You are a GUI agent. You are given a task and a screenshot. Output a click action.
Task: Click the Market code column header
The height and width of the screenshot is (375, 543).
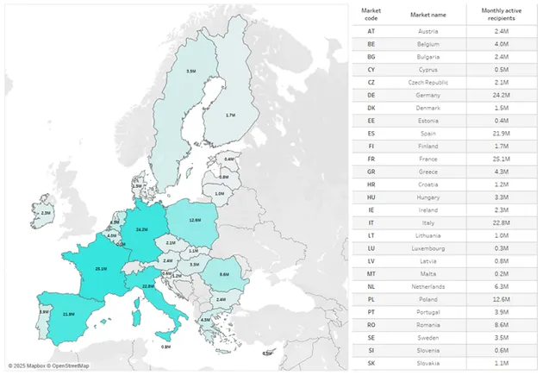(370, 14)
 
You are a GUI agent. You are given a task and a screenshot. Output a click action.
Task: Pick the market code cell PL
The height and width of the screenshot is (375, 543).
(370, 299)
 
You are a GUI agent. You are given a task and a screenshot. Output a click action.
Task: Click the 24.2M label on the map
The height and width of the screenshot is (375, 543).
(142, 229)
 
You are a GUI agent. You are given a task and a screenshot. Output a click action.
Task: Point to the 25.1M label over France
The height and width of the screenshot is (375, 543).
(101, 269)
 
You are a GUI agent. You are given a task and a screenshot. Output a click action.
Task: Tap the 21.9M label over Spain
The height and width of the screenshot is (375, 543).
(68, 314)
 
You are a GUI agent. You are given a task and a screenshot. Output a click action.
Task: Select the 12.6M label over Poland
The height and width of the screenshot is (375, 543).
(195, 220)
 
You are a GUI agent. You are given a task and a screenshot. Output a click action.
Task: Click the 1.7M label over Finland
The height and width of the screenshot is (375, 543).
(230, 116)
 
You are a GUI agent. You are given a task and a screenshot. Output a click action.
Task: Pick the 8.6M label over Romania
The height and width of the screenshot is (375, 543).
(224, 274)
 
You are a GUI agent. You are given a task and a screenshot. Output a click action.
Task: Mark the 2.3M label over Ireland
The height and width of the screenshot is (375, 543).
(46, 211)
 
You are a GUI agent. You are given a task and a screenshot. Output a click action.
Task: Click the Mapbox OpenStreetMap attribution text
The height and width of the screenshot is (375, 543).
(48, 366)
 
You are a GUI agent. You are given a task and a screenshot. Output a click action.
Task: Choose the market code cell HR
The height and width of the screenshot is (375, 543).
(370, 185)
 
